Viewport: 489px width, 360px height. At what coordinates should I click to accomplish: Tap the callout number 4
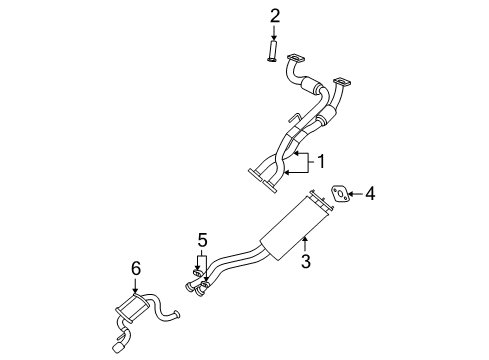tap(370, 193)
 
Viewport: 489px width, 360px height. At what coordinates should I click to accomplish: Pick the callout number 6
tap(136, 268)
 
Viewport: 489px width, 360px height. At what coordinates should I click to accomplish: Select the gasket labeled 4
tap(341, 193)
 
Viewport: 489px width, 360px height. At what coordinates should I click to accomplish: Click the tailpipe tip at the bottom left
tap(120, 348)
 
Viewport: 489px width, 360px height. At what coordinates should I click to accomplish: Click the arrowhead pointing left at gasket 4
tap(354, 193)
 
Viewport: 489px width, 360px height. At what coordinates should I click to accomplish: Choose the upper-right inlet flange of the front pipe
tap(343, 82)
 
